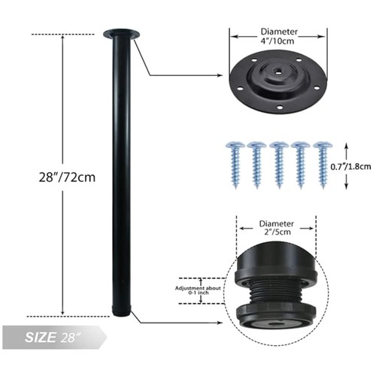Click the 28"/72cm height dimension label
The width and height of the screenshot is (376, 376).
tap(67, 177)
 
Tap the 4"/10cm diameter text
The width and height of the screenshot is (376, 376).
tap(277, 41)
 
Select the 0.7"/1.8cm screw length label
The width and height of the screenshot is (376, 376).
tap(350, 167)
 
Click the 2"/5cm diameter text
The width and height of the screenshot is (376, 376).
tap(277, 232)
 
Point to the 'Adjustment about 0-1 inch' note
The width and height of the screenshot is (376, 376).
tap(198, 290)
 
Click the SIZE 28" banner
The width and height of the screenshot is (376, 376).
tap(54, 337)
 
